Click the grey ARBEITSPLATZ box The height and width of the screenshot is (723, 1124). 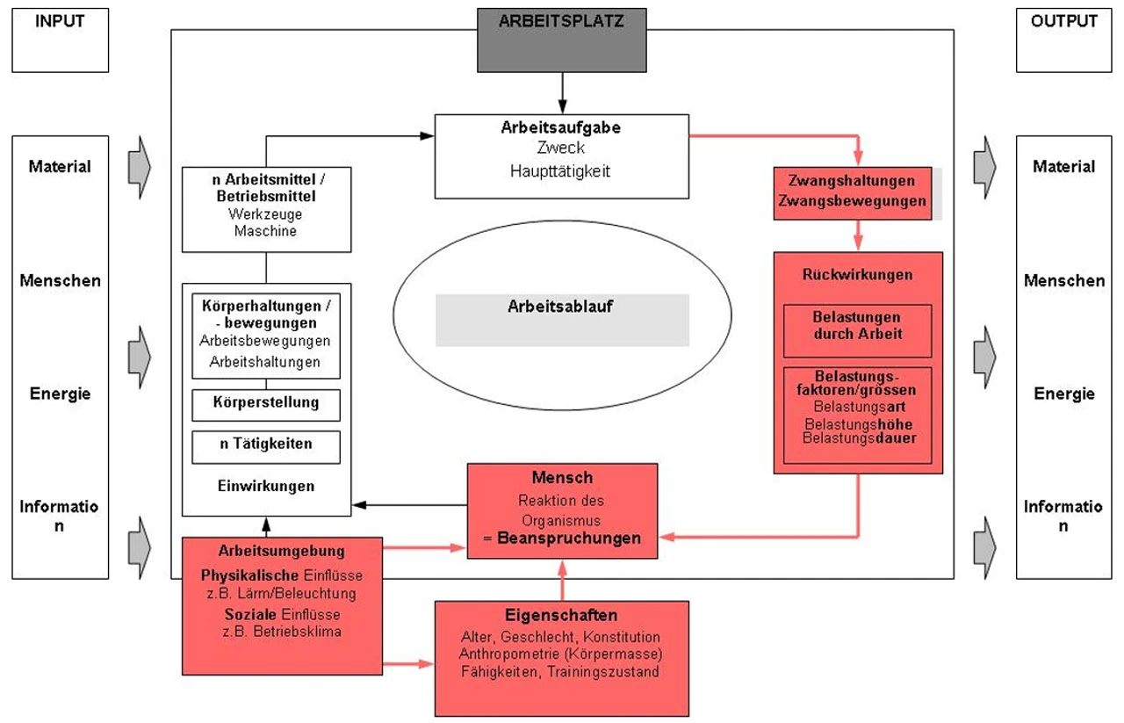[x=562, y=40]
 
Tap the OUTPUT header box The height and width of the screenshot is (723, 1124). [x=1063, y=40]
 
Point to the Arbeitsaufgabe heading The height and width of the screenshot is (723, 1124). [x=561, y=127]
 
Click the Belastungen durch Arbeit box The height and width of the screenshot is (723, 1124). [x=857, y=325]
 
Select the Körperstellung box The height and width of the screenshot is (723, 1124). [x=265, y=403]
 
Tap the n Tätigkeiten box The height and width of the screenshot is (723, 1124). [x=265, y=445]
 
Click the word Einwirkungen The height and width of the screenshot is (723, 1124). [x=265, y=485]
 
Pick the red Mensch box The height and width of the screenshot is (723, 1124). [x=562, y=510]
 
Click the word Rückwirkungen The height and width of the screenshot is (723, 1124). [x=857, y=275]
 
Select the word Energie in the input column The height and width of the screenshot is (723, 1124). [x=60, y=394]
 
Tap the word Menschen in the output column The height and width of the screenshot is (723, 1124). [x=1063, y=281]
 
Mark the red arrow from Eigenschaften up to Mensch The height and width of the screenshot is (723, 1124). [x=562, y=580]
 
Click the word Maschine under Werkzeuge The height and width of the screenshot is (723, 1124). [x=266, y=231]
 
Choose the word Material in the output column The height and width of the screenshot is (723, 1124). [x=1063, y=166]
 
